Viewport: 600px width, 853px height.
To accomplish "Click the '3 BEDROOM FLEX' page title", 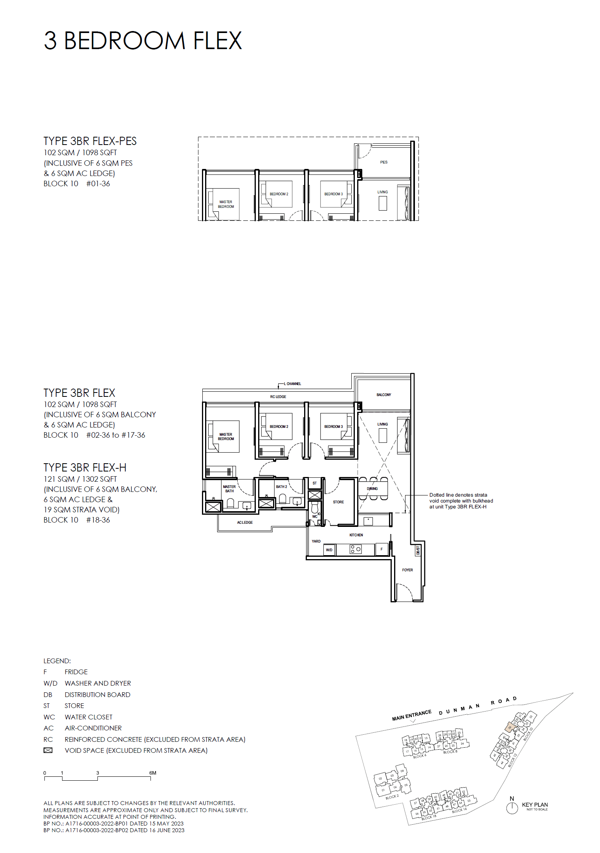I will click(x=143, y=41).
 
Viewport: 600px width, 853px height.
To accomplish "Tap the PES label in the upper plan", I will click(x=383, y=162).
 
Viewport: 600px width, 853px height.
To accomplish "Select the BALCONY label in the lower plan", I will click(x=383, y=394).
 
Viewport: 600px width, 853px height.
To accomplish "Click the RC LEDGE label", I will click(x=278, y=397).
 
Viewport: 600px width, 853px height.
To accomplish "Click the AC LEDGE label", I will click(x=245, y=523).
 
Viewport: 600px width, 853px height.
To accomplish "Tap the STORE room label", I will click(x=338, y=502).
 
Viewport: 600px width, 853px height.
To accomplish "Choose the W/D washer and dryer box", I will click(x=329, y=550).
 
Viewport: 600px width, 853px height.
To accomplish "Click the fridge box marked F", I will click(x=382, y=549).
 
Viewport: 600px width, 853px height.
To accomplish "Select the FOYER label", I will click(x=407, y=570).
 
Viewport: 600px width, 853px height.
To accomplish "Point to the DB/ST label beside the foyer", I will click(x=418, y=550).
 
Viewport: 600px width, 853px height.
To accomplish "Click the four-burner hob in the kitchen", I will click(x=356, y=549).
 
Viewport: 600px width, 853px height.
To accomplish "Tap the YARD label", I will click(x=316, y=541).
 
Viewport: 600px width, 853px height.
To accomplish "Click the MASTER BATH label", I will click(x=229, y=489).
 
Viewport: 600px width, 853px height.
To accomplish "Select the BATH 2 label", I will click(x=281, y=487).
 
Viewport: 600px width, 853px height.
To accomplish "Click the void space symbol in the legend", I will click(x=48, y=750).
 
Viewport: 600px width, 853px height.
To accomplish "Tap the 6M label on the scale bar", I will click(x=153, y=773).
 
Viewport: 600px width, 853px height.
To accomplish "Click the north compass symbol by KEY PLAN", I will click(x=512, y=808).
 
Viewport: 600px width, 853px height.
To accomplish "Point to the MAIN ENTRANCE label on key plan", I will click(x=411, y=715).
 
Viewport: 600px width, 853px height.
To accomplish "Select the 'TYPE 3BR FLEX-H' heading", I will click(x=85, y=468).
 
